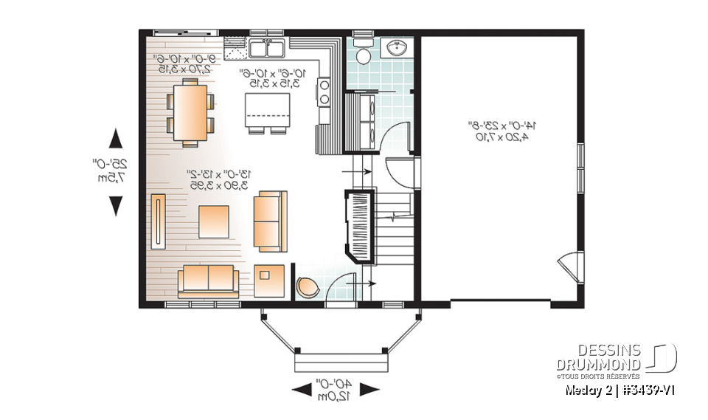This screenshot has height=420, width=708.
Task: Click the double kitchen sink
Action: [268, 49]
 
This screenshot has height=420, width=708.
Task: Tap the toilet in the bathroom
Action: [363, 53]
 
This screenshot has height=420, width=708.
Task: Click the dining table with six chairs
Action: [191, 112]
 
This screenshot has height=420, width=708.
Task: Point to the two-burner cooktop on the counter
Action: [324, 92]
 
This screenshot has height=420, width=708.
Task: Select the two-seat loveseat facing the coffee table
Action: [267, 220]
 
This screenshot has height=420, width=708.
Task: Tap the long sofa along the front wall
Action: [207, 280]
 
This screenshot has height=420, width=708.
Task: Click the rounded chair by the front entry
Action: [308, 286]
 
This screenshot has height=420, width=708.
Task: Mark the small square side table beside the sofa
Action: [265, 278]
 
